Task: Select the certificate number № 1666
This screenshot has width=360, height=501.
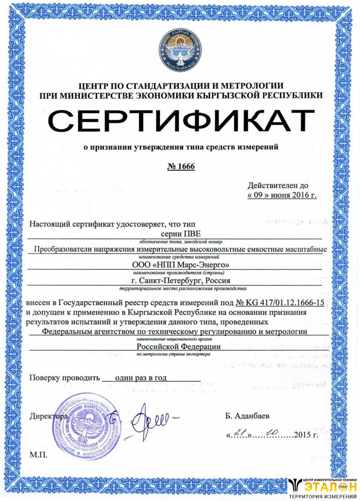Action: (180, 166)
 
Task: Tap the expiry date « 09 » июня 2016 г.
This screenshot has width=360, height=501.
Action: (282, 195)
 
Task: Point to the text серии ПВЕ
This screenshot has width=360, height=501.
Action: (179, 233)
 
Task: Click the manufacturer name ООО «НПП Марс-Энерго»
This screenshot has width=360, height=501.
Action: (180, 264)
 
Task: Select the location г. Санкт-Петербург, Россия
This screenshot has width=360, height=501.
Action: (180, 281)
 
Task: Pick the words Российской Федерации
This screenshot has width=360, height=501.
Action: (179, 346)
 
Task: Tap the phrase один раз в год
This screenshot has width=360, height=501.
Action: (141, 378)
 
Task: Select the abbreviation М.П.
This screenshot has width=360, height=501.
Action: (38, 454)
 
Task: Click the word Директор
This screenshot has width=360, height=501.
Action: (48, 416)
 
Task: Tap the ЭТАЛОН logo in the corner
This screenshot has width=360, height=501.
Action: (323, 487)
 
